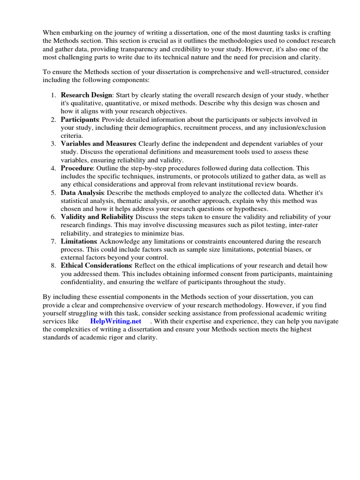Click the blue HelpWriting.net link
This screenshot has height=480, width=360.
115,321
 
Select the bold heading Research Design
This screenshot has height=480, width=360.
86,95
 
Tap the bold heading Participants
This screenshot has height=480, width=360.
79,120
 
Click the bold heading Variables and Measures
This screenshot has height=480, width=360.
98,144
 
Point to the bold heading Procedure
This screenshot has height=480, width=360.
77,168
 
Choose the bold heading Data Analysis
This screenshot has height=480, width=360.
82,193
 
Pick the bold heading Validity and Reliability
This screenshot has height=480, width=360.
97,217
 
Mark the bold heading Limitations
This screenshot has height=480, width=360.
79,241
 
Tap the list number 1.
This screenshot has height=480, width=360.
53,95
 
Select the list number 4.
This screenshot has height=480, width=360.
53,168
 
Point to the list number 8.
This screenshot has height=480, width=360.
53,266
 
